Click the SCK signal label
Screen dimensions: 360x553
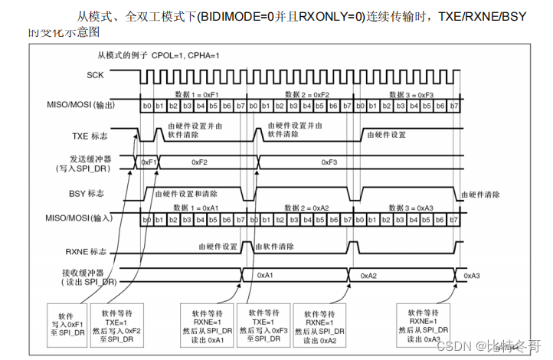click(x=95, y=75)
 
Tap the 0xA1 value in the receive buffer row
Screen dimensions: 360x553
click(x=266, y=274)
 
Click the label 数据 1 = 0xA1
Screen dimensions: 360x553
click(x=198, y=208)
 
